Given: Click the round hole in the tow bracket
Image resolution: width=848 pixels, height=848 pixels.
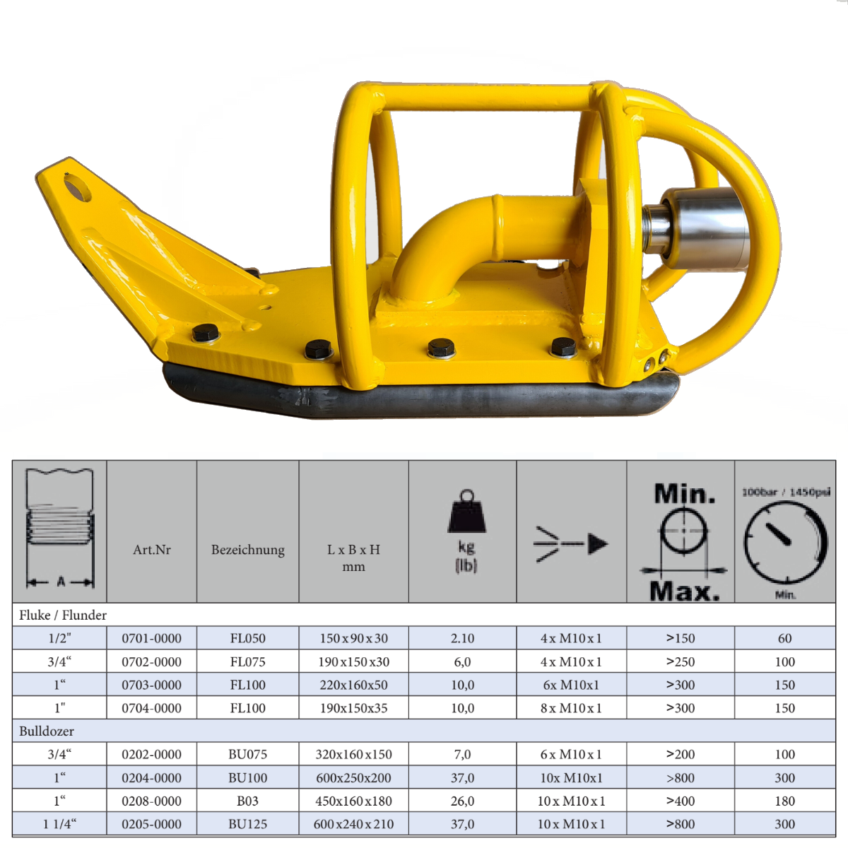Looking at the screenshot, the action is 78,188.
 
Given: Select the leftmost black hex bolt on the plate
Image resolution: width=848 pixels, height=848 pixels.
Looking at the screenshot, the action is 206,333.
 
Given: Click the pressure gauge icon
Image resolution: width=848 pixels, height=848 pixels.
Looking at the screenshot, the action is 785,542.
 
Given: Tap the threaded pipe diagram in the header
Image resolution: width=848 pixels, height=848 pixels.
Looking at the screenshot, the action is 60,528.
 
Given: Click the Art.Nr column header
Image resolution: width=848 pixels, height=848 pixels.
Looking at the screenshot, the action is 152,550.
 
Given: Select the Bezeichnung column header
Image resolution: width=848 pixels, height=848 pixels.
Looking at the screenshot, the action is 248,550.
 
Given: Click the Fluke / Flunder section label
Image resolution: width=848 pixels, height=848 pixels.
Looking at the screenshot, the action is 62,615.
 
